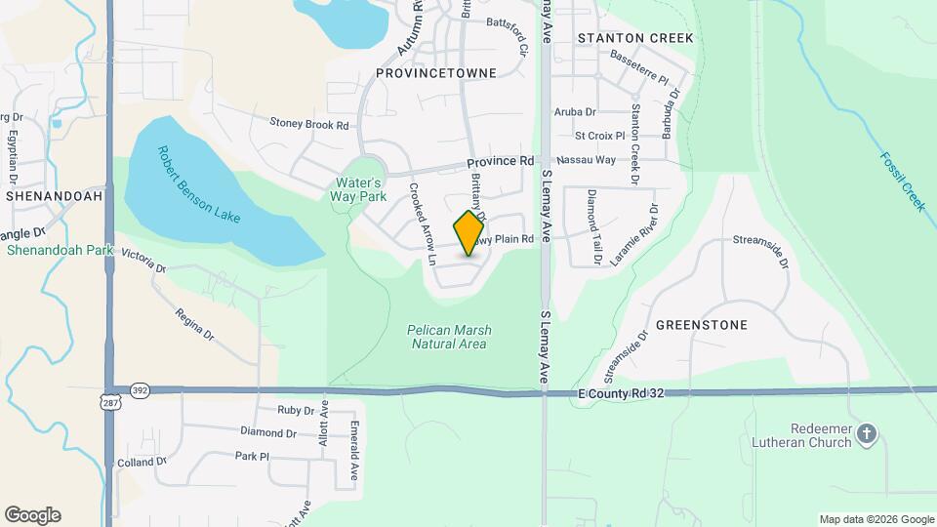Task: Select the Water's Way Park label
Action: click(x=362, y=188)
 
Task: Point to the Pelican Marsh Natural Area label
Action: click(x=448, y=337)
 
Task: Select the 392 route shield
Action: click(x=139, y=389)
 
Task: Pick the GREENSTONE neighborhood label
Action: click(x=701, y=325)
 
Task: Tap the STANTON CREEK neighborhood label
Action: click(x=635, y=38)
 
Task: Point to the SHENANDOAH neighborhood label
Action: click(x=50, y=195)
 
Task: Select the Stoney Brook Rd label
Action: click(x=309, y=125)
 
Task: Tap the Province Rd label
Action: click(x=500, y=161)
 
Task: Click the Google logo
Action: click(x=32, y=515)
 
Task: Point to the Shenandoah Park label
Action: click(x=56, y=250)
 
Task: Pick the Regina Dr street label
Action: click(x=194, y=323)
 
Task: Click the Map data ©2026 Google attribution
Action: click(x=876, y=519)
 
